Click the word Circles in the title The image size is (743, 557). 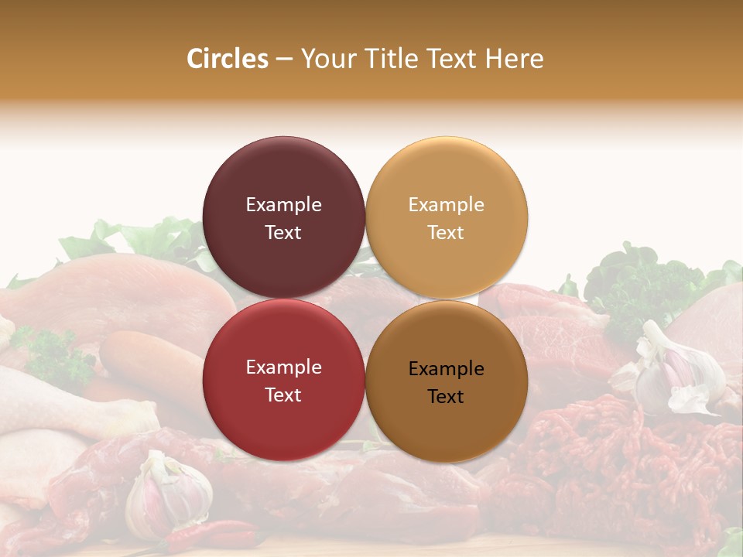227,59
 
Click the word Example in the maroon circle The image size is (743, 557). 283,205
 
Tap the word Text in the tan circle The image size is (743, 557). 446,233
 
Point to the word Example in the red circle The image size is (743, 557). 283,367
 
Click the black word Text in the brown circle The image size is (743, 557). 446,397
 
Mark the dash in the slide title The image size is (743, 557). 284,60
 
